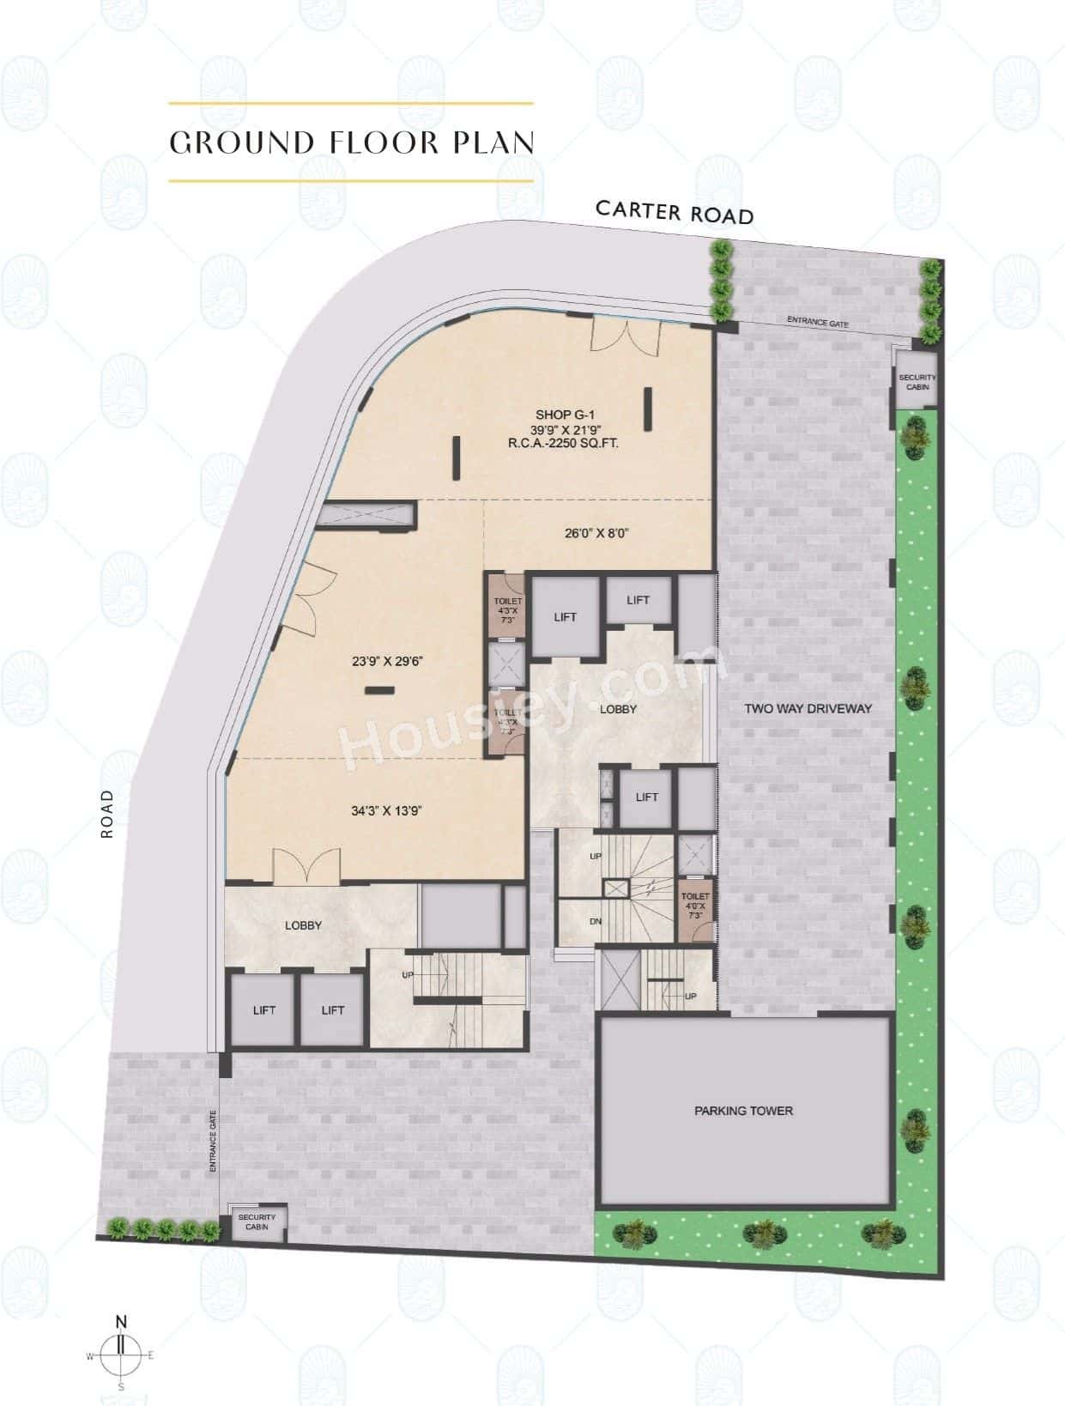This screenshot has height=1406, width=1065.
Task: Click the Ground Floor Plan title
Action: (352, 142)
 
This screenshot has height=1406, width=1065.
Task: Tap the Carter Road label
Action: (675, 211)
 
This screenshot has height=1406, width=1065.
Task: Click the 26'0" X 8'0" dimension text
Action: (596, 533)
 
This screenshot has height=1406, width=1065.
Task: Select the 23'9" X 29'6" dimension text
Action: (389, 661)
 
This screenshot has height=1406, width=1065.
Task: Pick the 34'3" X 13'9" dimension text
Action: (386, 810)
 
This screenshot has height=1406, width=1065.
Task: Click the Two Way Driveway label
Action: (808, 709)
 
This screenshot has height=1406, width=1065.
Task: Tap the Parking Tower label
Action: (743, 1111)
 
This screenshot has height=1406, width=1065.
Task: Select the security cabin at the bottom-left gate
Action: (257, 1222)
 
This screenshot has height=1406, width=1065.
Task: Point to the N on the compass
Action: (121, 1323)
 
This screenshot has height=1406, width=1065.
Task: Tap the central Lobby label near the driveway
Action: (618, 709)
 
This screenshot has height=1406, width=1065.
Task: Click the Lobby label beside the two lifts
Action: (303, 925)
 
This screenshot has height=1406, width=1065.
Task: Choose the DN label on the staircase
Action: (596, 922)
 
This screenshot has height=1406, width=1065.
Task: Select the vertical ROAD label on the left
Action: (107, 814)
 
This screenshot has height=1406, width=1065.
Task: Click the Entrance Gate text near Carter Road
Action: (818, 323)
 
